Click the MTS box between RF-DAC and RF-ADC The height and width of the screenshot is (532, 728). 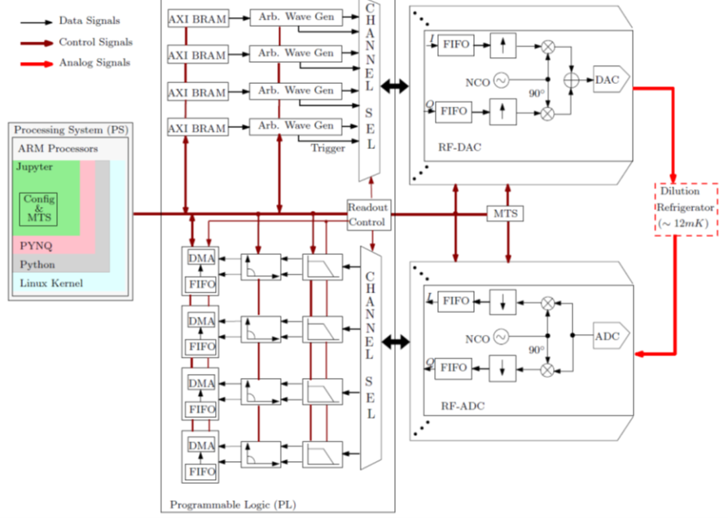pos(505,214)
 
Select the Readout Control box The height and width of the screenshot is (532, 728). pos(368,214)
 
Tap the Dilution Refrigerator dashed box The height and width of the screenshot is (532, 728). pos(686,210)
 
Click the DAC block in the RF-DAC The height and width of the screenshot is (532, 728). pos(606,79)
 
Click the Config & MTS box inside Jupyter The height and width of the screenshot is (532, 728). pos(38,209)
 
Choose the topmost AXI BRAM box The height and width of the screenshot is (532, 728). pos(198,17)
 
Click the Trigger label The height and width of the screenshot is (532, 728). pos(327,148)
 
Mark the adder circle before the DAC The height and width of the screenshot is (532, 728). pos(571,79)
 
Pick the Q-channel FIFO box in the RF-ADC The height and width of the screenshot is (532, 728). pos(454,368)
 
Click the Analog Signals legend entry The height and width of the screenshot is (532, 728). pos(94,63)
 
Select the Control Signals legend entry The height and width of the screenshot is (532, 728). pos(95,42)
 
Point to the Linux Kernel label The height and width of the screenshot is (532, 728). pos(51,284)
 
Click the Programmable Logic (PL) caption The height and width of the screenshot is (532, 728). pos(233,505)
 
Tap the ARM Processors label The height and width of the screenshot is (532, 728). pos(59,149)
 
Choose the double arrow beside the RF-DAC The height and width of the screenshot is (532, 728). pos(394,86)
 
